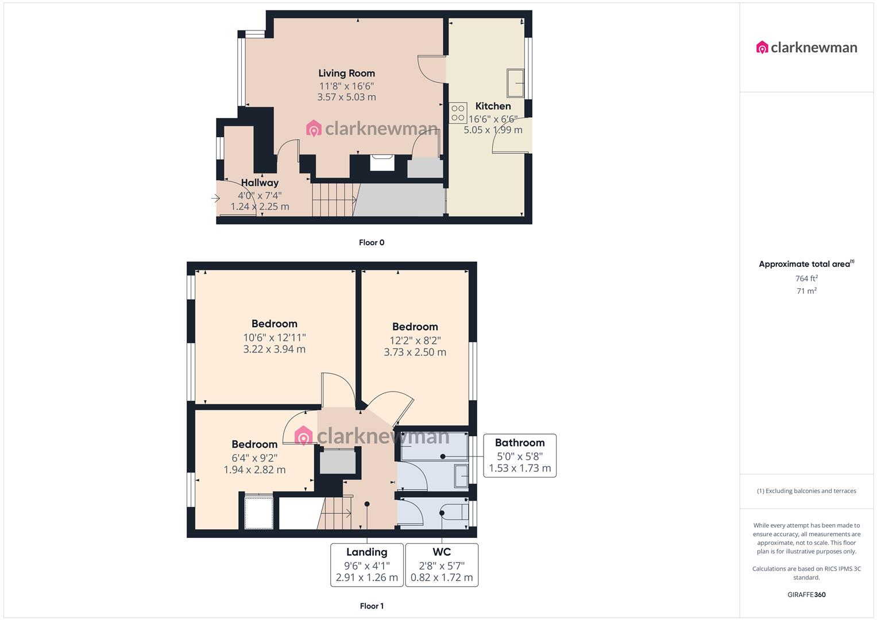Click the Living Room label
[x=346, y=73]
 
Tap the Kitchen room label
[x=493, y=106]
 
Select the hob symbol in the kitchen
[x=458, y=113]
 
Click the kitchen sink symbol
[x=515, y=83]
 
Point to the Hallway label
[x=260, y=183]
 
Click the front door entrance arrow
[x=215, y=199]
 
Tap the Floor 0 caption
[x=372, y=242]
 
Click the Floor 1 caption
[x=372, y=606]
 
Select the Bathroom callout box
[x=520, y=455]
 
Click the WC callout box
[x=442, y=565]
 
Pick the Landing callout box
[x=366, y=565]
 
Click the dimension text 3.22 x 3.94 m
[x=274, y=349]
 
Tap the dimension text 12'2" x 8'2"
[x=415, y=340]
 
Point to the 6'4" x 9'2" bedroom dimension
[x=254, y=458]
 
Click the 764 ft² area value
[x=806, y=278]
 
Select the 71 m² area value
[x=806, y=291]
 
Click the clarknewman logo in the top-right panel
[x=806, y=48]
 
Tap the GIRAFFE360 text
[x=806, y=595]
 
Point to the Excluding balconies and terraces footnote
[x=806, y=491]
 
